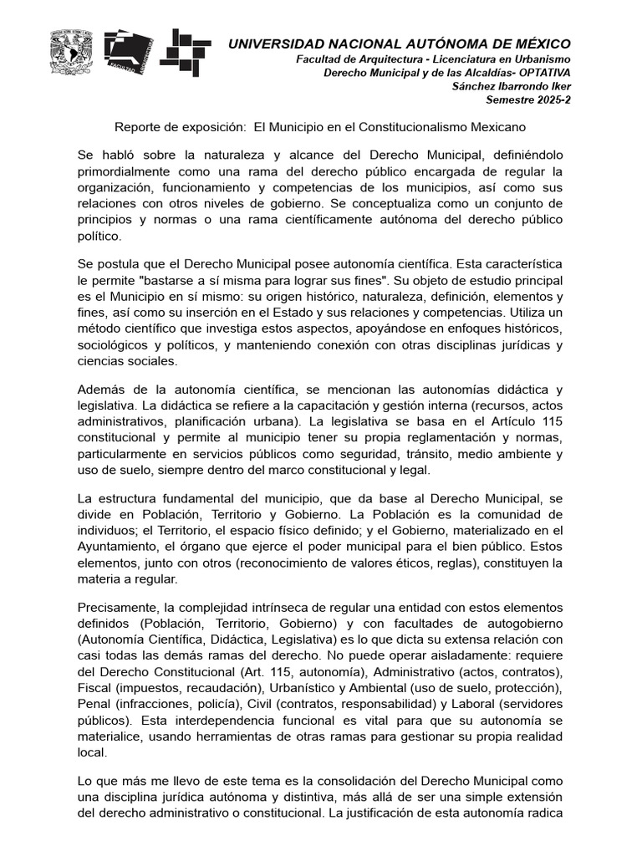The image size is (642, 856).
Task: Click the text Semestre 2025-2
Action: pyautogui.click(x=528, y=99)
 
